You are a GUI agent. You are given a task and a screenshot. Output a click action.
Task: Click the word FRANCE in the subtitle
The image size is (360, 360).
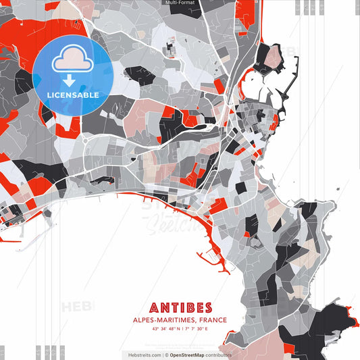coord(210,319)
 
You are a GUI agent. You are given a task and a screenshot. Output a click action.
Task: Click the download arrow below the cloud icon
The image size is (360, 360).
coord(69,81)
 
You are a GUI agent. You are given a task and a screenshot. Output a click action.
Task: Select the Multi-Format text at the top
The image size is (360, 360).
coord(180,3)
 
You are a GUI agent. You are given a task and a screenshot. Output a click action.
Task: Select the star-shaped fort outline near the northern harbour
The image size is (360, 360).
coord(270,57)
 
